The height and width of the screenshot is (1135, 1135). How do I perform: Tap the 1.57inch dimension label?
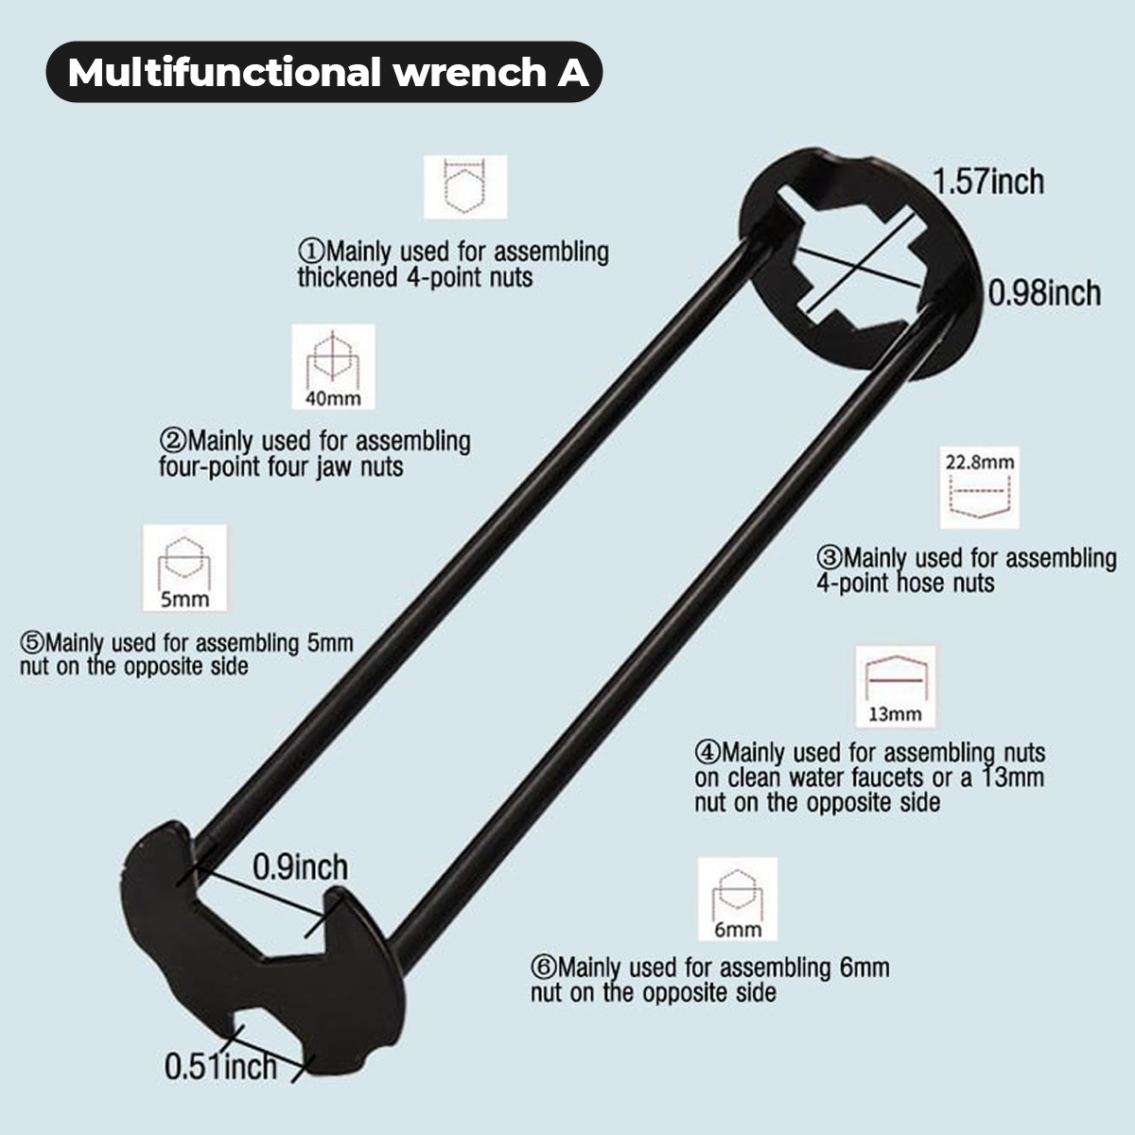point(988,181)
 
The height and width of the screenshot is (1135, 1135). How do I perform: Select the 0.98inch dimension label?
point(1044,293)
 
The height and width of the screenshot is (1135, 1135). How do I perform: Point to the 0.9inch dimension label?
point(300,866)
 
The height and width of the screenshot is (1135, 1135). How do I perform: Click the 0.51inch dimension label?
point(220,1067)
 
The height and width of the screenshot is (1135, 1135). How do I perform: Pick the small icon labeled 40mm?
point(333,367)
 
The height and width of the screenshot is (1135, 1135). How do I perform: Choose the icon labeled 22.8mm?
point(979,488)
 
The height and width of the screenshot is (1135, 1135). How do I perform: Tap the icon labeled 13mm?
point(895,687)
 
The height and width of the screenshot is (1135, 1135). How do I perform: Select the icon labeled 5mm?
point(185,568)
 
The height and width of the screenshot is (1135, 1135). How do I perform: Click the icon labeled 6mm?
point(738,899)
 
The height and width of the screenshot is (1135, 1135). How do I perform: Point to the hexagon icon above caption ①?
point(464,187)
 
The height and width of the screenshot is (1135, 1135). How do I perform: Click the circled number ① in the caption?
point(311,253)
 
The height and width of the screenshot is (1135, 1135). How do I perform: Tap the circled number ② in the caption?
point(173,441)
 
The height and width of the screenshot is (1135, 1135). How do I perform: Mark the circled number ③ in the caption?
point(829,558)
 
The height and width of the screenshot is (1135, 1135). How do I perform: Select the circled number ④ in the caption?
point(707,753)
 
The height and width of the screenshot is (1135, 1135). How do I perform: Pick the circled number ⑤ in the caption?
point(32,643)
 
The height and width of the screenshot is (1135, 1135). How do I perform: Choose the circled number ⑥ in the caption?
point(543,968)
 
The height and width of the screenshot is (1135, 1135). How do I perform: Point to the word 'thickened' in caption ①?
point(347,277)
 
